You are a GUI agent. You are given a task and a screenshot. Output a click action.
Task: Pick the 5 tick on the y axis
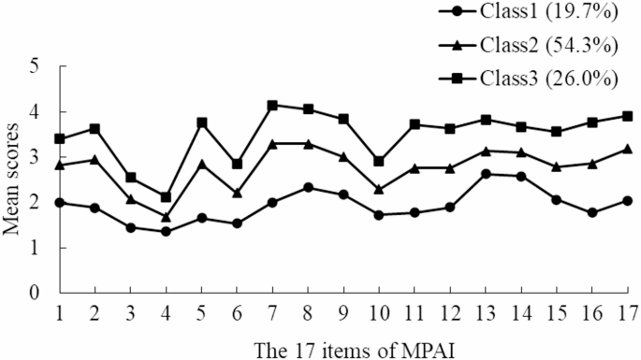point(36,67)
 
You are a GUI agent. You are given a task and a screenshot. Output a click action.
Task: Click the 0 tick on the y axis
point(36,293)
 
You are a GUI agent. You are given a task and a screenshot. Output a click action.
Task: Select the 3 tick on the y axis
point(36,157)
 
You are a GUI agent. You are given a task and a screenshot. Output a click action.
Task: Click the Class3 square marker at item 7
point(272,106)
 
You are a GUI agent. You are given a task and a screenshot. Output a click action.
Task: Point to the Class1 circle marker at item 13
point(485,174)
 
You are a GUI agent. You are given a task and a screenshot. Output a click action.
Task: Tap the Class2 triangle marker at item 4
point(166,217)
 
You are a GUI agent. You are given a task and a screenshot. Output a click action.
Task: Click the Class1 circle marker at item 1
point(60,202)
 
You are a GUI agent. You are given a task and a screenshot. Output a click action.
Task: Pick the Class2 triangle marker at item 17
point(626,149)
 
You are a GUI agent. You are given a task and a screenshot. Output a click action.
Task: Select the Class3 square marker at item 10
point(378,162)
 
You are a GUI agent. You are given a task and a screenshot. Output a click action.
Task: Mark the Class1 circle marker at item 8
point(308,187)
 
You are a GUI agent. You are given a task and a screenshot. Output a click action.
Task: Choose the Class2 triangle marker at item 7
point(272,144)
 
